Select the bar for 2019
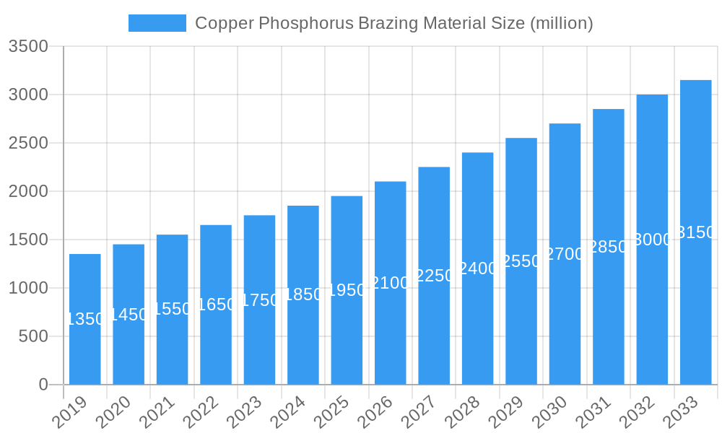[85, 346]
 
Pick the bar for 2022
[216, 339]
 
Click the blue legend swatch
[157, 23]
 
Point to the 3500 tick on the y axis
[28, 47]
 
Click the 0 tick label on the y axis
[43, 385]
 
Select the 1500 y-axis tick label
[28, 240]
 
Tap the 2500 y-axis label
[28, 143]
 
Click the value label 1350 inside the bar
[85, 319]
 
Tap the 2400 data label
[478, 268]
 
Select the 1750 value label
[260, 300]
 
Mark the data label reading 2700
[565, 254]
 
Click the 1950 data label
[347, 290]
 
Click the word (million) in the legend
[561, 23]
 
